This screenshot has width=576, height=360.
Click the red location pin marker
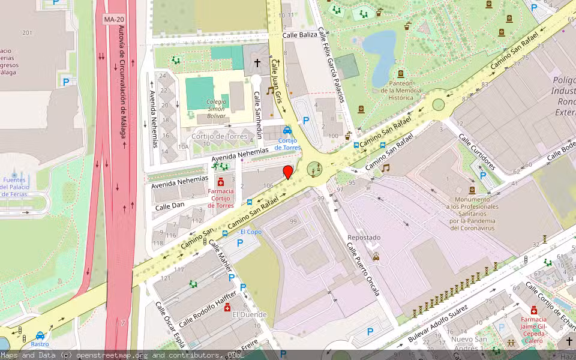point(288,172)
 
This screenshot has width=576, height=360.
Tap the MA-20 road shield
point(113,19)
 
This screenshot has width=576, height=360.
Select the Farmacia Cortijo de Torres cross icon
point(220,182)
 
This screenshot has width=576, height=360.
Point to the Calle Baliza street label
point(299,35)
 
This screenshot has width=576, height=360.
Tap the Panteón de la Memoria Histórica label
point(401,91)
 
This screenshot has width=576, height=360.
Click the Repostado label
point(364,238)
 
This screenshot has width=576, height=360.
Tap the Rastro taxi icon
point(40,335)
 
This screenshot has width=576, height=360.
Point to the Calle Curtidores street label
point(477,152)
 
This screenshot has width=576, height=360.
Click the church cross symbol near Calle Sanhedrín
point(258,62)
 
